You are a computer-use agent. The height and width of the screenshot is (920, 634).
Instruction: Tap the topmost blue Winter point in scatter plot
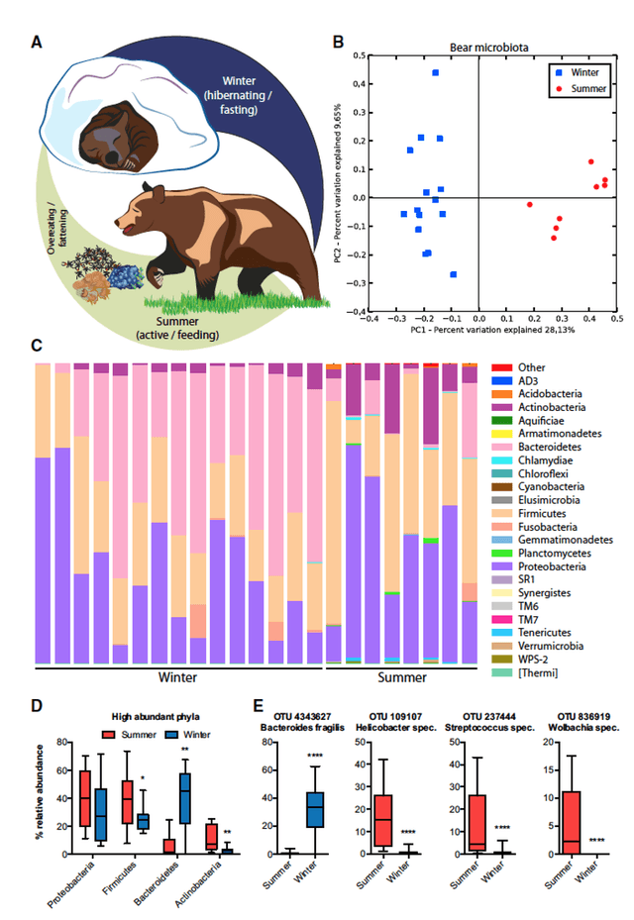point(435,73)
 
